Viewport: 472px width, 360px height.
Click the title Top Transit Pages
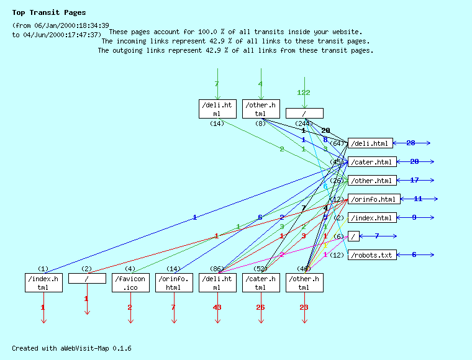49,12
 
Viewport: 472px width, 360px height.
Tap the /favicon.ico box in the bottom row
130,283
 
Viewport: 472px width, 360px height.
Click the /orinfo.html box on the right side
373,199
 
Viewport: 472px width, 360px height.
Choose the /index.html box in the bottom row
43,283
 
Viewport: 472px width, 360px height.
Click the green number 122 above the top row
304,92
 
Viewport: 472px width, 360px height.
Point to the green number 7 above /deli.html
217,84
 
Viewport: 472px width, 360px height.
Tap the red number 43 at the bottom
217,307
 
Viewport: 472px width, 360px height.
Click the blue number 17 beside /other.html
414,181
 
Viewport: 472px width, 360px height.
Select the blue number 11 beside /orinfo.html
418,199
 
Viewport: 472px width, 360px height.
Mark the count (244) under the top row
304,124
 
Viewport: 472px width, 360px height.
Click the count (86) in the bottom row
217,269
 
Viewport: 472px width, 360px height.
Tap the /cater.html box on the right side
371,162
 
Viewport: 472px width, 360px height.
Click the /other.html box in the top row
261,109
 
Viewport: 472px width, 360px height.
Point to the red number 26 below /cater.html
261,307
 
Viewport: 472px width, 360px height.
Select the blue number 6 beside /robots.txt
414,254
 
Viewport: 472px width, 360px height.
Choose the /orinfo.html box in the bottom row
174,283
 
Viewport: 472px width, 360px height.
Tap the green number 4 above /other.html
261,84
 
